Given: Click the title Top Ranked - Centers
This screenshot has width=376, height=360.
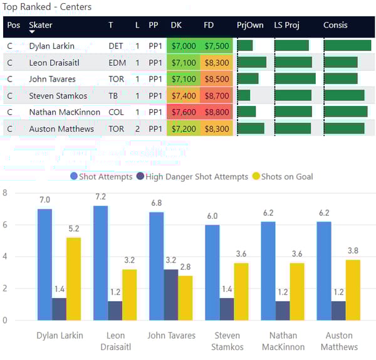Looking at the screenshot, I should [x=47, y=8].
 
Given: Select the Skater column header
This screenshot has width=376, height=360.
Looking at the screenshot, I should [x=41, y=25].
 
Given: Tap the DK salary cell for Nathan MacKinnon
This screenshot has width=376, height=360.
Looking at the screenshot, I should [x=183, y=112].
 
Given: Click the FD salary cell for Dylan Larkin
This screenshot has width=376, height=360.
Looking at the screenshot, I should [x=216, y=46].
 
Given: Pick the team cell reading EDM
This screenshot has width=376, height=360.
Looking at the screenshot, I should [x=116, y=63].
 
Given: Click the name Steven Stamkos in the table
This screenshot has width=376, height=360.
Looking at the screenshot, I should [x=58, y=96].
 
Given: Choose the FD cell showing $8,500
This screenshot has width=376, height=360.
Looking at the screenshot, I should [x=216, y=79].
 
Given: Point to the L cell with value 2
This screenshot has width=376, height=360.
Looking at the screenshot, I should [x=137, y=129].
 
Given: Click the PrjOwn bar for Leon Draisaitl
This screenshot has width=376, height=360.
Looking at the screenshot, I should [x=251, y=63].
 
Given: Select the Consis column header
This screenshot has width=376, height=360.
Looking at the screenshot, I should [x=335, y=25].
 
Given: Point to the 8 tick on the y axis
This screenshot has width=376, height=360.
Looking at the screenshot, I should [x=5, y=193].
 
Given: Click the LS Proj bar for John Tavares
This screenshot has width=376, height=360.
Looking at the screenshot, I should [x=295, y=79].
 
